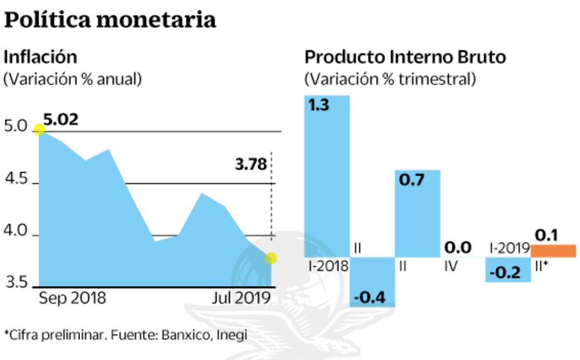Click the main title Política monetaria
point(110,20)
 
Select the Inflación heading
point(40,57)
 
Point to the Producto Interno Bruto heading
point(405,57)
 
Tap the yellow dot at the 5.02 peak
point(39,129)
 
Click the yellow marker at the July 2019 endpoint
point(271,257)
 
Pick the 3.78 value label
point(251,164)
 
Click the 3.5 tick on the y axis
point(16,283)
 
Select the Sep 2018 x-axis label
point(73,298)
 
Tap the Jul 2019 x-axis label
point(241,298)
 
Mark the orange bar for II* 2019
point(553,251)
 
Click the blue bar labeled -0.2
point(508,270)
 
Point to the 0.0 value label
point(457,248)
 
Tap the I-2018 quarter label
point(328,267)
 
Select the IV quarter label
point(450,267)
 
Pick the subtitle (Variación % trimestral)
point(390,78)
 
